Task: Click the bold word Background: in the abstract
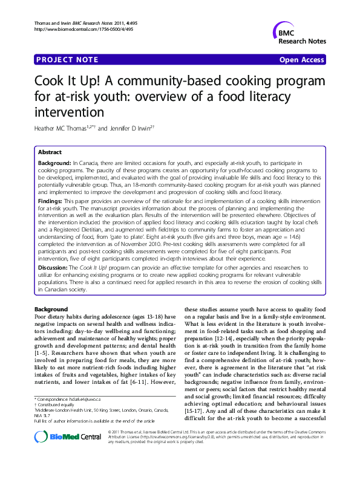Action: click(54, 164)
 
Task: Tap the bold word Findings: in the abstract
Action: click(51, 199)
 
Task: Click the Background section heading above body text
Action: click(51, 310)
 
